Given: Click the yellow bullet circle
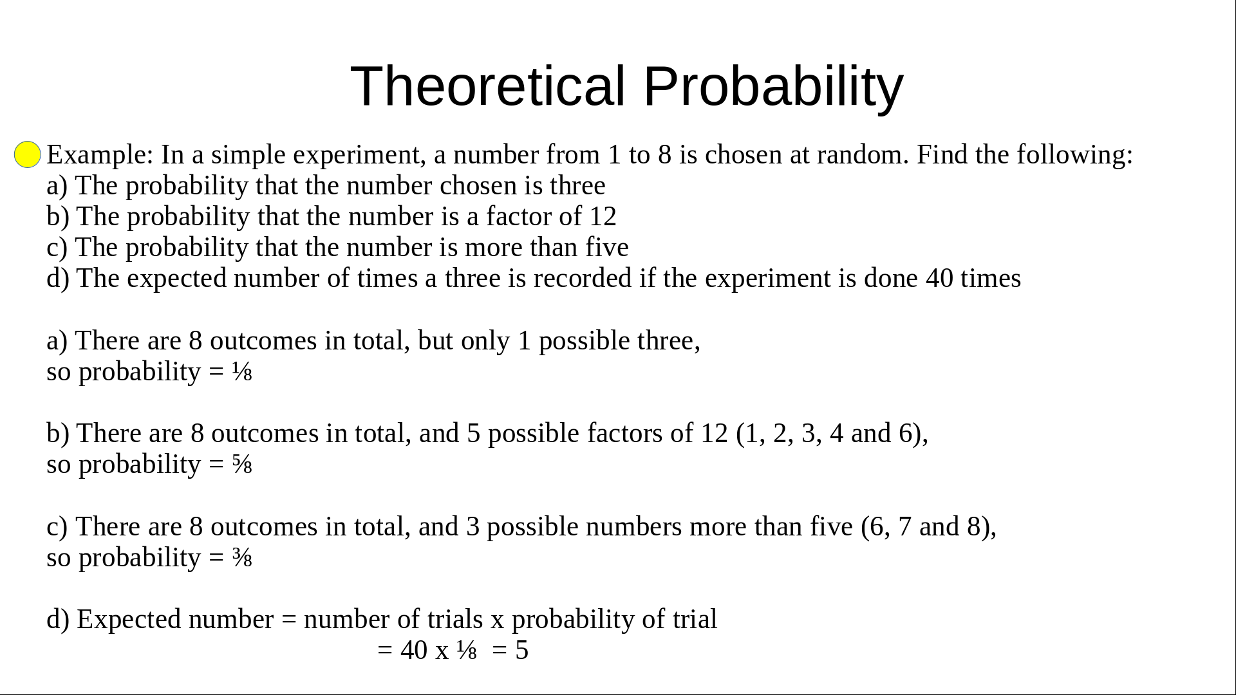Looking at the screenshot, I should point(28,155).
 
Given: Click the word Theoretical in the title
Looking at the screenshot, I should point(487,86).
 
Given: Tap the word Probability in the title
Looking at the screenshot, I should point(773,86).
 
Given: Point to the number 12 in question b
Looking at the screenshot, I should point(603,217).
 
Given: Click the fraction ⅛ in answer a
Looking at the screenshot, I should point(242,372).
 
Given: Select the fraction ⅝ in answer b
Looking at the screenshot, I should point(242,465).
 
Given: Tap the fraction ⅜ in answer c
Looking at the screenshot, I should point(242,558).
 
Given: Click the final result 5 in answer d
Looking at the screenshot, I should point(521,651).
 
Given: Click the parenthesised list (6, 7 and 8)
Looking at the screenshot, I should point(928,527).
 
